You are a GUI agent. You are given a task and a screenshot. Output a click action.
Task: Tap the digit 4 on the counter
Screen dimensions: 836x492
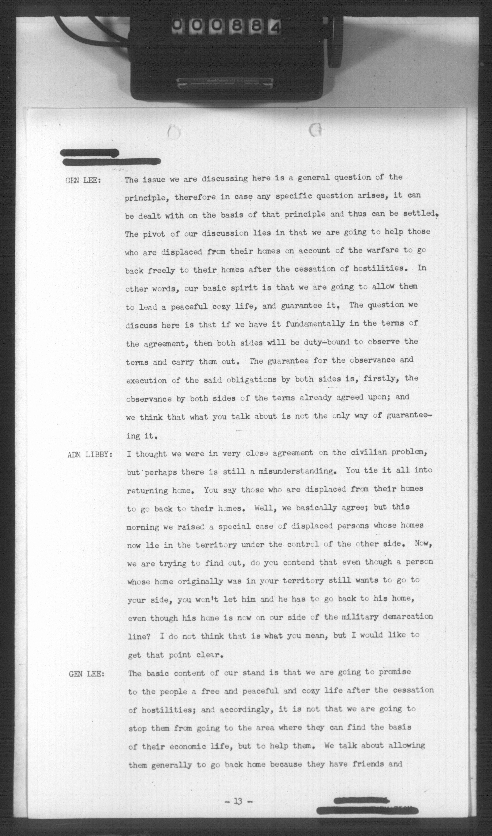coord(276,26)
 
